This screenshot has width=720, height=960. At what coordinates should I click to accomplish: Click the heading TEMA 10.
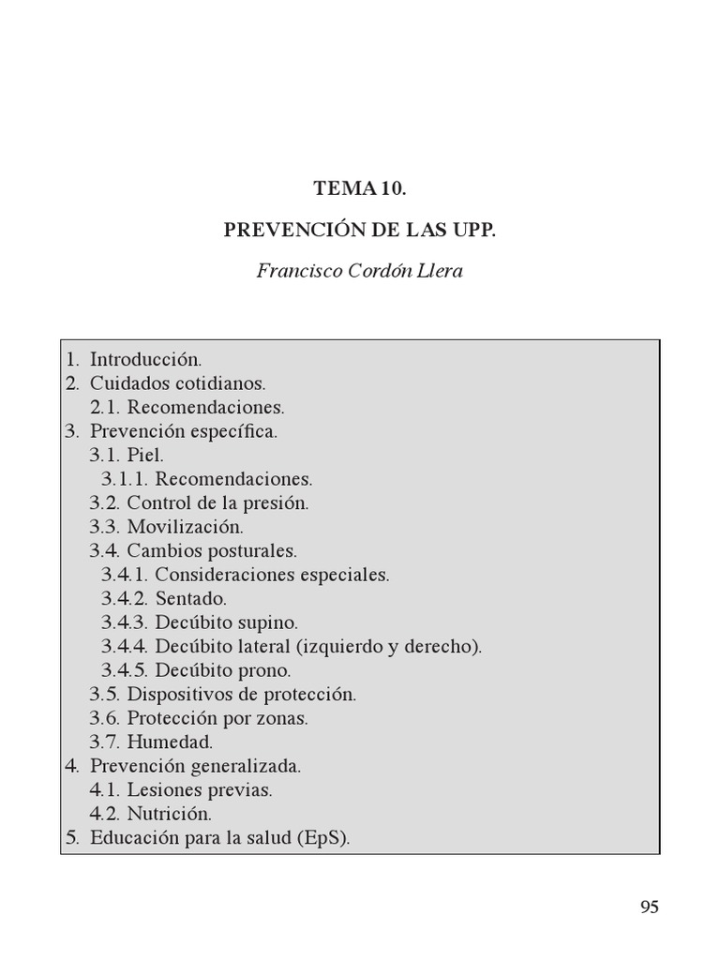[x=360, y=187]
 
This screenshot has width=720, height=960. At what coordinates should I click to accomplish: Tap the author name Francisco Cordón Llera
[x=360, y=273]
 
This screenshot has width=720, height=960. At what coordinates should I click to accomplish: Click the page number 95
[x=650, y=907]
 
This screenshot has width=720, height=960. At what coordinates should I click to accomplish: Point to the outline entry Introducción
[x=146, y=359]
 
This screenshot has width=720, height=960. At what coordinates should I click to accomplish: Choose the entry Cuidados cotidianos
[x=178, y=383]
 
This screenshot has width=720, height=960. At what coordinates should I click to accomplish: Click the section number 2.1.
[x=105, y=408]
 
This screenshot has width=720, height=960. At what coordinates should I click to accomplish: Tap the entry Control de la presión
[x=217, y=502]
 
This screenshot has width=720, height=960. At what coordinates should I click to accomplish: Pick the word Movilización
[x=185, y=527]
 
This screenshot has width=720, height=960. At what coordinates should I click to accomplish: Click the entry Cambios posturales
[x=212, y=550]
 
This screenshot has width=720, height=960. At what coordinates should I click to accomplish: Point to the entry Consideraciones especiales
[x=272, y=575]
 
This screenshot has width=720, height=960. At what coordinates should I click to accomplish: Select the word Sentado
[x=191, y=598]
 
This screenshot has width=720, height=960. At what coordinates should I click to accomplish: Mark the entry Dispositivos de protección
[x=242, y=695]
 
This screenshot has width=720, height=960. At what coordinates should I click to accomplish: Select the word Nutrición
[x=170, y=814]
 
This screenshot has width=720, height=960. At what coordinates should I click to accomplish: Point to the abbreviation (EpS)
[x=324, y=838]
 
